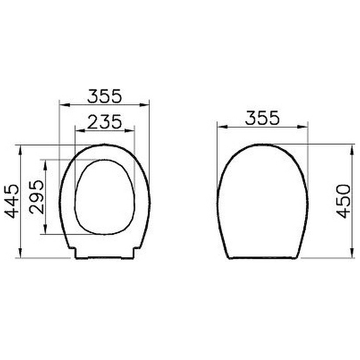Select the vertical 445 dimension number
[13, 201]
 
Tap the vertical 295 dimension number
[37, 197]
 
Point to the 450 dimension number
[343, 201]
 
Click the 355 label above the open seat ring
[104, 96]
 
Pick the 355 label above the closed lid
[262, 118]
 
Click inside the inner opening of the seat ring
[104, 197]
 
